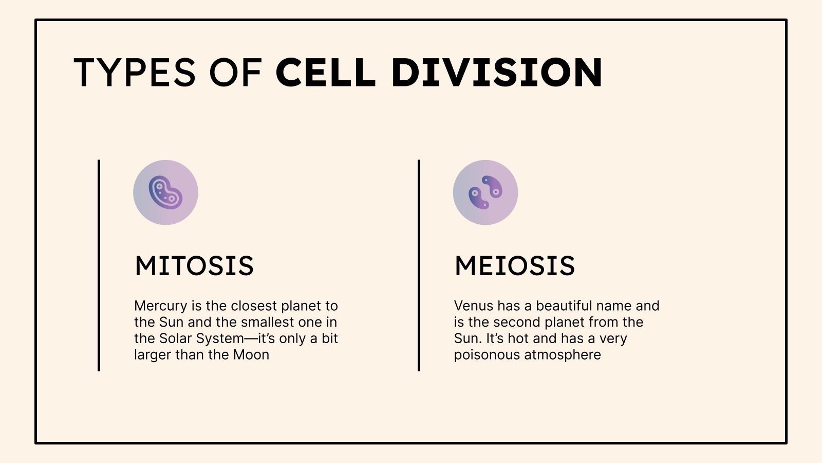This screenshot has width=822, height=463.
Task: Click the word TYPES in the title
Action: click(x=135, y=72)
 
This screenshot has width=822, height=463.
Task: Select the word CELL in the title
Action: click(x=326, y=72)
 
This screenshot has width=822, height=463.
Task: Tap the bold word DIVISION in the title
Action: click(x=496, y=72)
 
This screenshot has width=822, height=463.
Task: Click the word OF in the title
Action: click(x=236, y=72)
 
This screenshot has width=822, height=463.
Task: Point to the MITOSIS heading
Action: click(x=194, y=266)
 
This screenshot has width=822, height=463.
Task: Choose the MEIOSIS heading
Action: click(x=515, y=266)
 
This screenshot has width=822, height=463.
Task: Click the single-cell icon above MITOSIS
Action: click(x=165, y=192)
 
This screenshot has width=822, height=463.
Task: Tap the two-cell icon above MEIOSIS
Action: click(x=485, y=192)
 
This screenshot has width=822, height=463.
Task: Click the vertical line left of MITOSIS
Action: click(x=99, y=265)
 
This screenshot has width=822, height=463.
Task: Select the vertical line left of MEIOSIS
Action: click(x=419, y=265)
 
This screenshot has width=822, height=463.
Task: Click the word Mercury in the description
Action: click(x=160, y=306)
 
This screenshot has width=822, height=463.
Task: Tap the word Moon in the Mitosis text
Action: click(x=251, y=355)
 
